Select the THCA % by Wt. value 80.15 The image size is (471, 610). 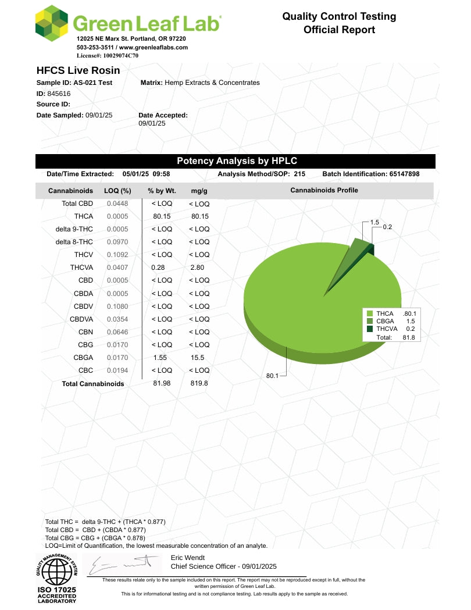[162, 216]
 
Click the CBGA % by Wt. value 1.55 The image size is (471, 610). [159, 358]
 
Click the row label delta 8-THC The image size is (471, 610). [74, 242]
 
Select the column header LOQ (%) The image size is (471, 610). [117, 191]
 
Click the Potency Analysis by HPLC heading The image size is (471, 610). [236, 161]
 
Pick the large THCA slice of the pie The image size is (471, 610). [314, 297]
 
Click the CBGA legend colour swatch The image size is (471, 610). [370, 321]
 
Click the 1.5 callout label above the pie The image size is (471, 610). [374, 222]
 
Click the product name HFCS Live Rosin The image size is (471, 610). [78, 70]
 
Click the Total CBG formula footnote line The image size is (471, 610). [96, 538]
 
